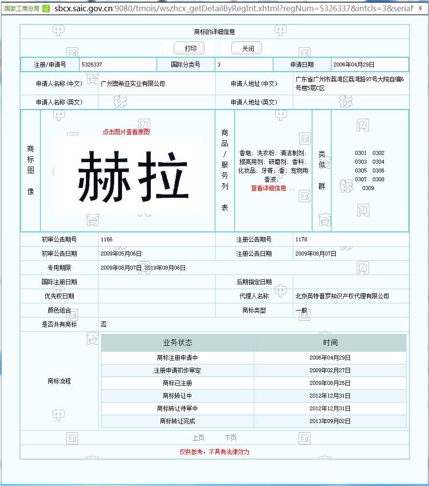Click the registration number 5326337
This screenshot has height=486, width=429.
coord(92,64)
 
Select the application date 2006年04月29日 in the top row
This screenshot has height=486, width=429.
coord(354,64)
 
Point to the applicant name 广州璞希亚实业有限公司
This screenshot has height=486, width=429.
coord(133,84)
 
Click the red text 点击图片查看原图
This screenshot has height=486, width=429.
coord(126,132)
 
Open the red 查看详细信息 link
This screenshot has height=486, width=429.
coord(272,188)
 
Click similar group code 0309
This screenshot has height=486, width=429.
coord(368,188)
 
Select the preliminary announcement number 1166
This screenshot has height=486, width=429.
coord(106,239)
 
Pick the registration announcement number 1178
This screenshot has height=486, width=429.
coord(301,239)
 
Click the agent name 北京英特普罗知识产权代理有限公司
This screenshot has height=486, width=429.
coord(342,296)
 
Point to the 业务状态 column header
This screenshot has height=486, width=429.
coord(177,342)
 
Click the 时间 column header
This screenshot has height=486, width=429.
coord(330,342)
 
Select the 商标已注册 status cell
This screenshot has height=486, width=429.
coord(177,383)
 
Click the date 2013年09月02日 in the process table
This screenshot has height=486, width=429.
coord(330,421)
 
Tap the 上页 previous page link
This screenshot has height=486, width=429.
coord(198,438)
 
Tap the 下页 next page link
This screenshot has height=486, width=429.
coord(230,438)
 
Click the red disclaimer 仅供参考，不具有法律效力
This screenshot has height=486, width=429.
coord(214,452)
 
